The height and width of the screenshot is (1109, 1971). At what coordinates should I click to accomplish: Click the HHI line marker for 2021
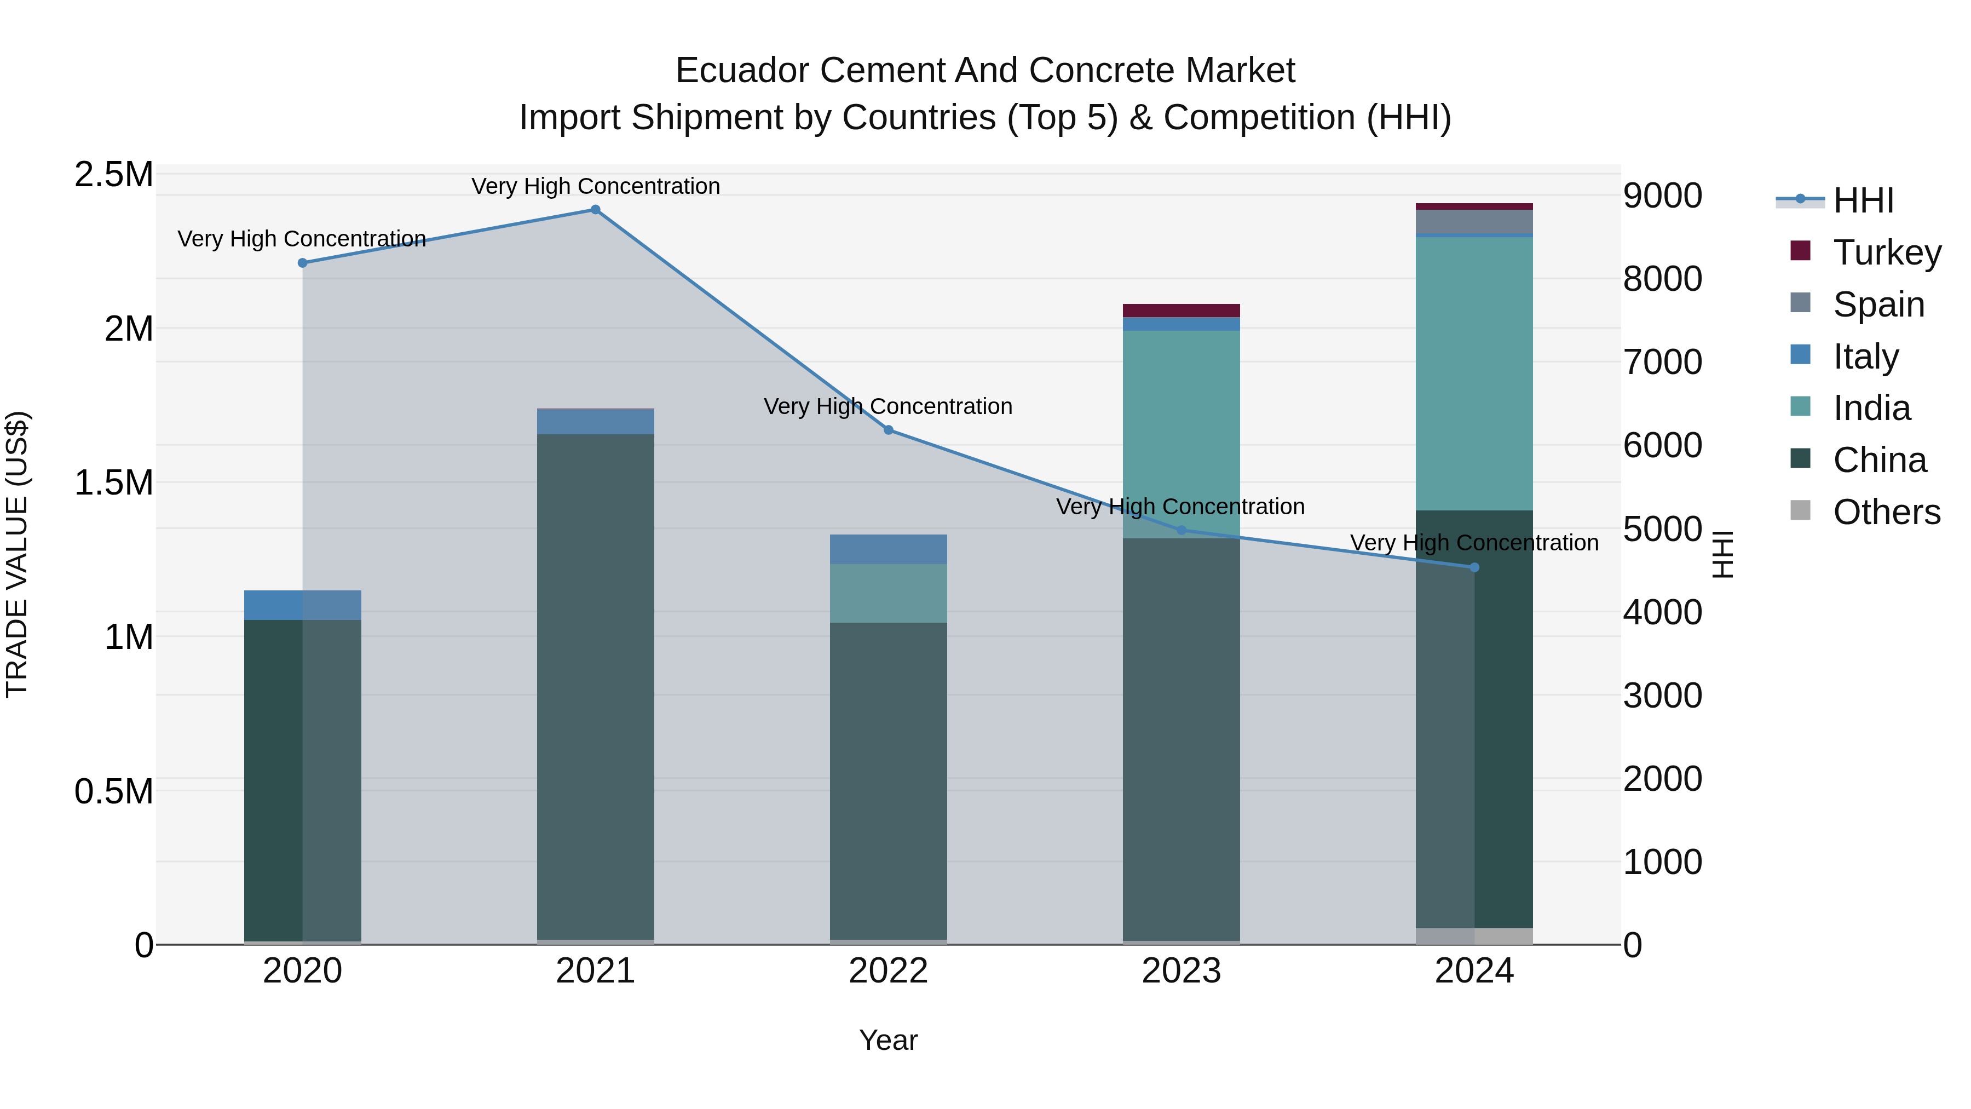pyautogui.click(x=595, y=210)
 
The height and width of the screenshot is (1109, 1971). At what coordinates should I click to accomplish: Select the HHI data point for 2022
pyautogui.click(x=889, y=430)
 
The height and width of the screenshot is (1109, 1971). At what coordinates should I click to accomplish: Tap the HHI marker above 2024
pyautogui.click(x=1474, y=567)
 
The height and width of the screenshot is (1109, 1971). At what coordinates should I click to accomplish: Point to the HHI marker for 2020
pyautogui.click(x=302, y=262)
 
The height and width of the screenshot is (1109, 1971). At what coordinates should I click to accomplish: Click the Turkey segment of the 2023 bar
pyautogui.click(x=1182, y=311)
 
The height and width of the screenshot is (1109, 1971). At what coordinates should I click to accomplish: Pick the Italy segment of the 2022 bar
pyautogui.click(x=889, y=549)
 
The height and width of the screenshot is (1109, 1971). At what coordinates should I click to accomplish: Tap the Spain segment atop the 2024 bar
pyautogui.click(x=1474, y=221)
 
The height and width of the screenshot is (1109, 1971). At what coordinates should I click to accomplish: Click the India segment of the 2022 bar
pyautogui.click(x=889, y=593)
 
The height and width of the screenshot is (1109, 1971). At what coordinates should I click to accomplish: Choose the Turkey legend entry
pyautogui.click(x=1887, y=252)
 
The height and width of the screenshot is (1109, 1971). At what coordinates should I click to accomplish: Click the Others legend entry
pyautogui.click(x=1887, y=512)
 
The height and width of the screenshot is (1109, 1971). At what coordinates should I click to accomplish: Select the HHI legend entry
pyautogui.click(x=1864, y=200)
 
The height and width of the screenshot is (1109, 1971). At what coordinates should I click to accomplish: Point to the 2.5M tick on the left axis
pyautogui.click(x=113, y=175)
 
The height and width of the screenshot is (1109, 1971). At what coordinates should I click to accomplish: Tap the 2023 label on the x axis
pyautogui.click(x=1182, y=971)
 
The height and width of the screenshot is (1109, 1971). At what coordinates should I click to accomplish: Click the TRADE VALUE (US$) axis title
pyautogui.click(x=17, y=554)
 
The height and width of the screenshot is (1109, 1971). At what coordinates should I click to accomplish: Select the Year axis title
pyautogui.click(x=889, y=1040)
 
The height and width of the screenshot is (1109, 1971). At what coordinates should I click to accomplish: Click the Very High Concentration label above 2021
pyautogui.click(x=595, y=186)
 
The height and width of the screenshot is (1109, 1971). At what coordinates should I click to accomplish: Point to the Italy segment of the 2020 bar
pyautogui.click(x=302, y=605)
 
